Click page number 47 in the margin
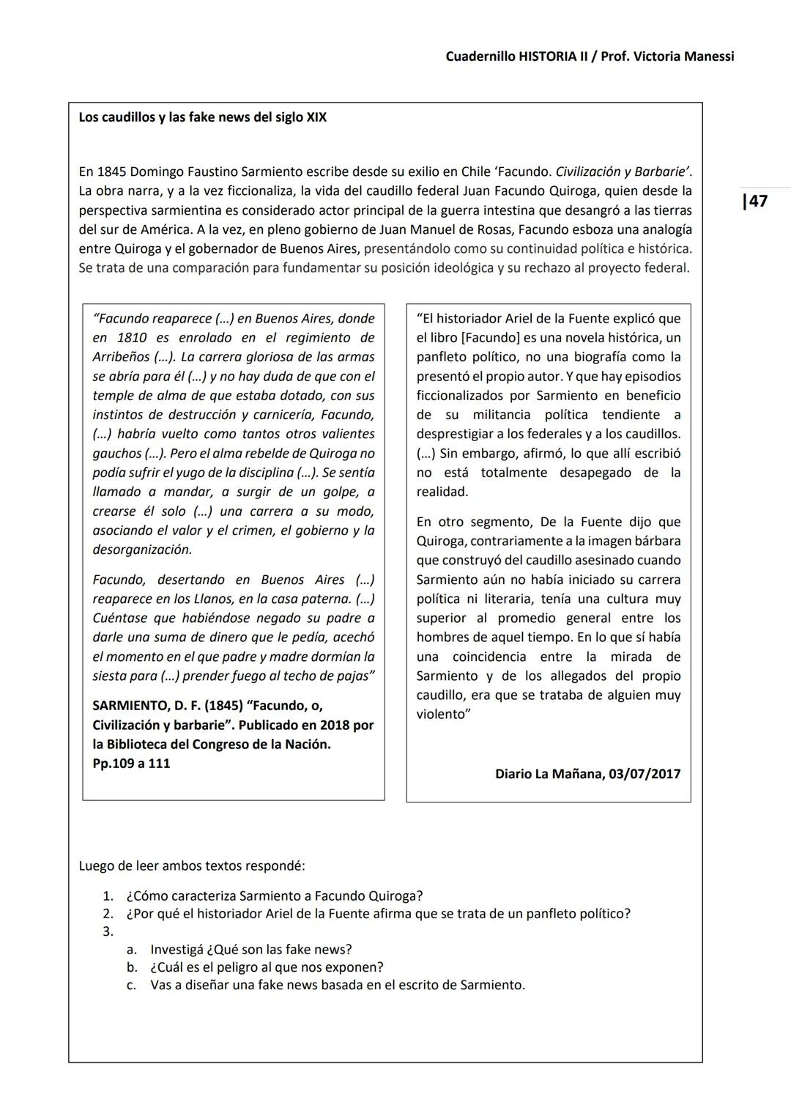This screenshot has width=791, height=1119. point(756,201)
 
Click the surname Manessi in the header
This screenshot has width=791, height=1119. point(704,56)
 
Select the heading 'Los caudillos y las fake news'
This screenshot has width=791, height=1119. point(202,117)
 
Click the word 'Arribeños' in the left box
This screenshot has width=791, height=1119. point(123,357)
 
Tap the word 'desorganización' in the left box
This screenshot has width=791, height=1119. point(142,550)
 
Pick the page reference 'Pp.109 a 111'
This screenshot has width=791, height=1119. point(131,763)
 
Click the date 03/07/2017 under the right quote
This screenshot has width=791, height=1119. point(644,774)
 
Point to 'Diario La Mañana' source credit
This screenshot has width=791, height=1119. point(548,774)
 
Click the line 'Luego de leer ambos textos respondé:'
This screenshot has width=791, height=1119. point(191,865)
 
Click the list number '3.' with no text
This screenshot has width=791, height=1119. point(108,931)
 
